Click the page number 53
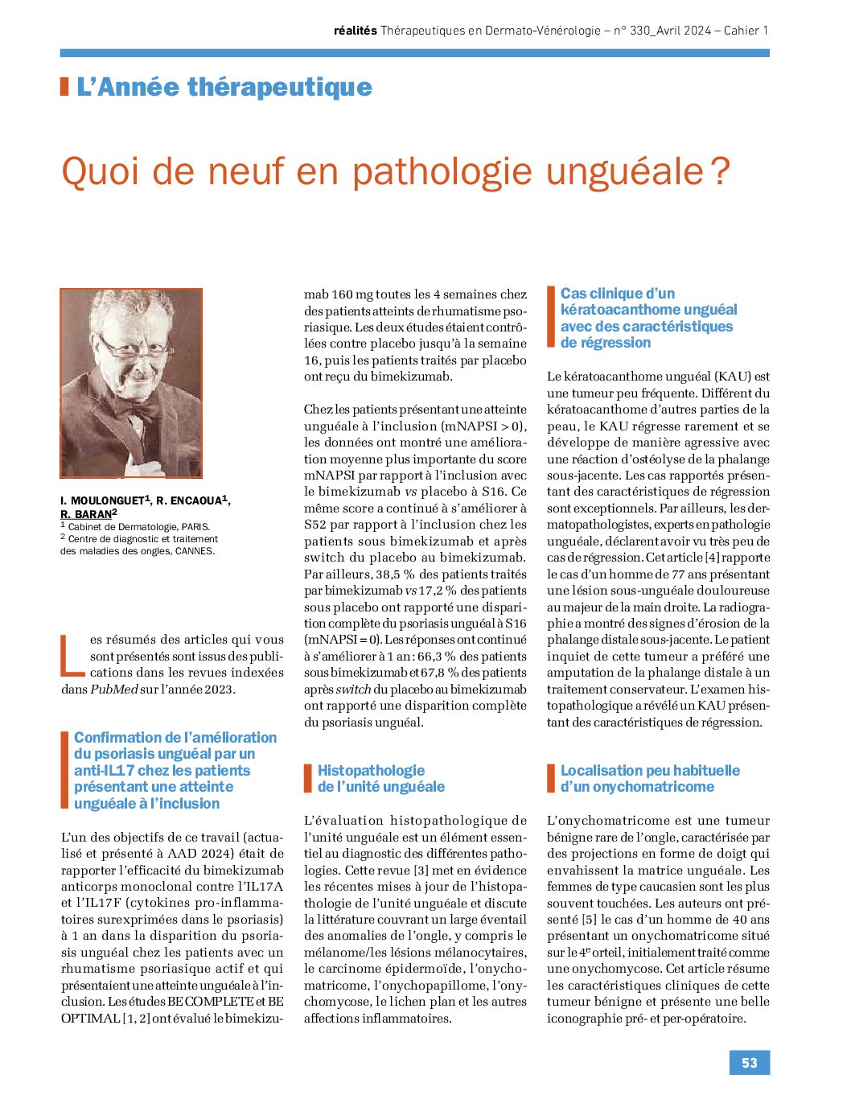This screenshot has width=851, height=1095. [x=749, y=1062]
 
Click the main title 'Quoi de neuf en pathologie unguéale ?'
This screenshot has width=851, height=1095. [x=396, y=171]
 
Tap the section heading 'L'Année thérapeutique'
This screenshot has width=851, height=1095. [x=224, y=87]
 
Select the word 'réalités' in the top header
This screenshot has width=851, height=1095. [x=355, y=31]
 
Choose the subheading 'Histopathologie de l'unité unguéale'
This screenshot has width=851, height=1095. [x=380, y=778]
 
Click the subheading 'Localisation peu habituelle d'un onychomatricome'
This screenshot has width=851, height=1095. [x=649, y=778]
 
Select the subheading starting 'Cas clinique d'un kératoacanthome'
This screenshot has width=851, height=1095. [x=647, y=318]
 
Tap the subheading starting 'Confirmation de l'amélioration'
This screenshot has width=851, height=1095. [x=175, y=770]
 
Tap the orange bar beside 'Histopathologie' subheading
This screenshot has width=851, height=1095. [x=307, y=778]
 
